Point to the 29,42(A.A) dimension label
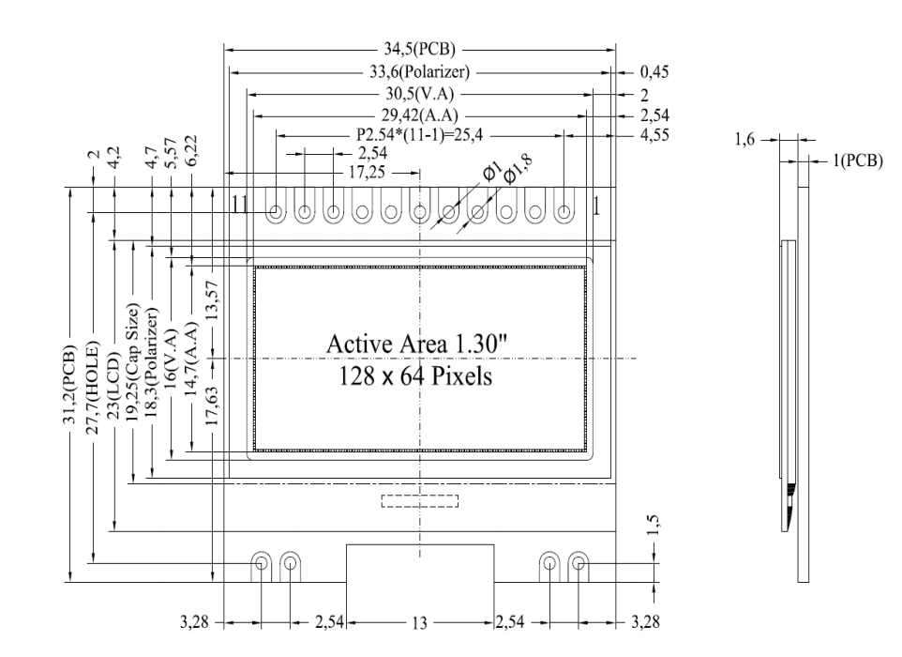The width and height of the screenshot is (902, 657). coord(419,115)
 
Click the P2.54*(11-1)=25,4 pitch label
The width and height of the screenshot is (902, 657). coord(419,134)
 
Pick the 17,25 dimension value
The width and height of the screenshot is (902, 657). coord(365,173)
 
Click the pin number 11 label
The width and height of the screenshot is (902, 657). coord(240,207)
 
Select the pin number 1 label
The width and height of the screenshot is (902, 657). coord(595,207)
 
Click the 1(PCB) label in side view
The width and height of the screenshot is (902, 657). coord(851,161)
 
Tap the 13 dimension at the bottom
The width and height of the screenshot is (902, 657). coord(419,621)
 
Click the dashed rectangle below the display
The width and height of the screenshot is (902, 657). coord(419,499)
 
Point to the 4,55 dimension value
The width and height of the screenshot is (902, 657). coord(654,134)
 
